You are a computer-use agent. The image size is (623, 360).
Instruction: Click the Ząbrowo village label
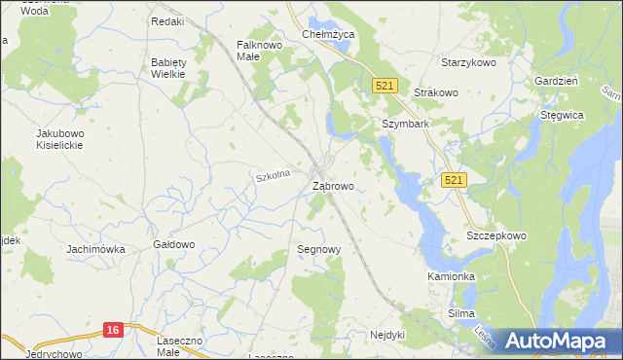332,185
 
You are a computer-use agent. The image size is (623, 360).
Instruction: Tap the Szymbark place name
405,125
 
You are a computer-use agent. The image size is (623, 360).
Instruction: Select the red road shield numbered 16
113,331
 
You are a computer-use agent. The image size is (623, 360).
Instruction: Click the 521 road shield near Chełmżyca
385,87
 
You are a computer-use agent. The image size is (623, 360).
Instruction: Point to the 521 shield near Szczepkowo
454,180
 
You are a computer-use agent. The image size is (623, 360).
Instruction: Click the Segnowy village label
318,250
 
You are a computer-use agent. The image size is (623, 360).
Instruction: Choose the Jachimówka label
95,250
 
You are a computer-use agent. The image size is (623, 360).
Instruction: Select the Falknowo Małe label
260,50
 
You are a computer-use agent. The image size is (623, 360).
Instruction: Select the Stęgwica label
562,115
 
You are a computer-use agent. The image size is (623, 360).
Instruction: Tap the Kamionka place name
451,276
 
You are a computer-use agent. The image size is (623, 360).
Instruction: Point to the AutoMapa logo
553,340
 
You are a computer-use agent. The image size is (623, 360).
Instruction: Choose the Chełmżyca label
328,34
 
